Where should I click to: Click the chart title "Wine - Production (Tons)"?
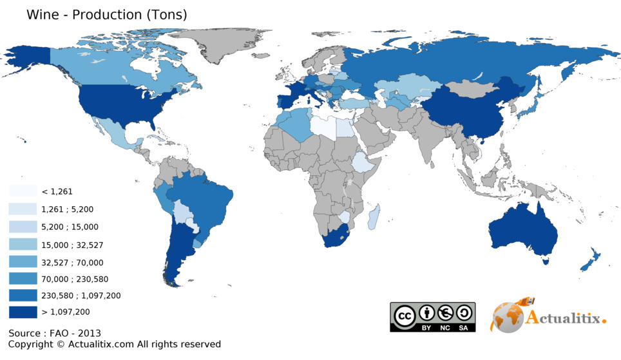pyautogui.click(x=106, y=15)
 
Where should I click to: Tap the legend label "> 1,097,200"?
pyautogui.click(x=66, y=312)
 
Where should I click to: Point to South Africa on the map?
pyautogui.click(x=336, y=238)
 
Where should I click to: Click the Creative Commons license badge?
pyautogui.click(x=432, y=317)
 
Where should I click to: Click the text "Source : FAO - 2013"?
pyautogui.click(x=55, y=333)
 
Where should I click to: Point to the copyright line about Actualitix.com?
pyautogui.click(x=115, y=345)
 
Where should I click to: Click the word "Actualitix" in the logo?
pyautogui.click(x=564, y=317)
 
